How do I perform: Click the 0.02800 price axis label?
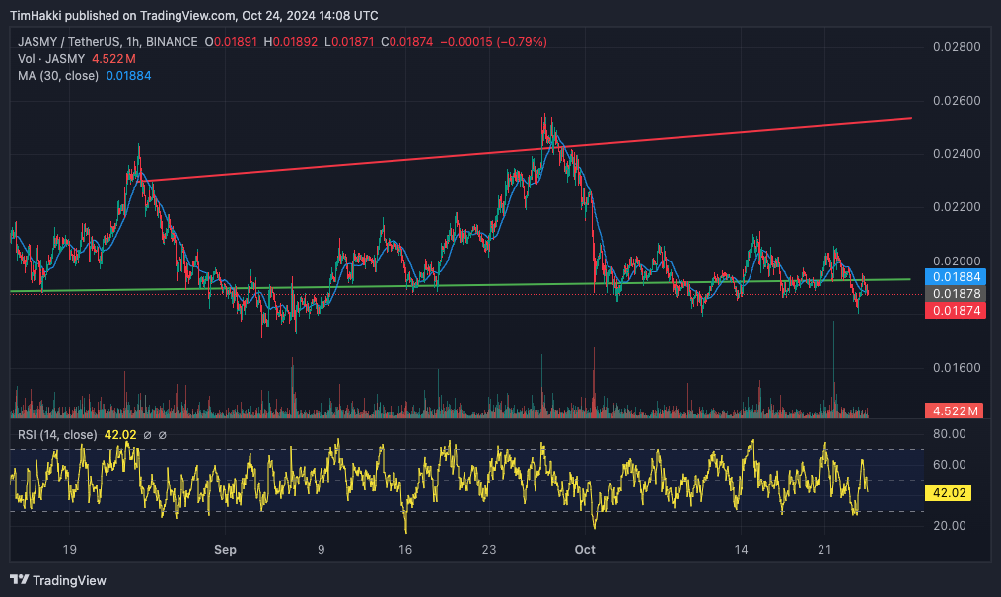pyautogui.click(x=956, y=47)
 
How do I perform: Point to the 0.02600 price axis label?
pyautogui.click(x=956, y=101)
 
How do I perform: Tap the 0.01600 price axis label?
pyautogui.click(x=956, y=368)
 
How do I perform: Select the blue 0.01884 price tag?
pyautogui.click(x=953, y=276)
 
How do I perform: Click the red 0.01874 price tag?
pyautogui.click(x=953, y=311)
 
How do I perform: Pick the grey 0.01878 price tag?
pyautogui.click(x=953, y=294)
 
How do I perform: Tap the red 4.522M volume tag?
pyautogui.click(x=953, y=410)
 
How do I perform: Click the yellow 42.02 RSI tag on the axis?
pyautogui.click(x=950, y=490)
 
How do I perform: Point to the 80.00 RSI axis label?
pyautogui.click(x=949, y=434)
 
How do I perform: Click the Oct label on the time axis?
pyautogui.click(x=585, y=549)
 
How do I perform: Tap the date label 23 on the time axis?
pyautogui.click(x=489, y=549)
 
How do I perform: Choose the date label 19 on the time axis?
pyautogui.click(x=69, y=549)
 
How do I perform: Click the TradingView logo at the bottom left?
pyautogui.click(x=58, y=580)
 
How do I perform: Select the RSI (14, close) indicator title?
pyautogui.click(x=57, y=434)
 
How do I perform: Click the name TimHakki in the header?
pyautogui.click(x=36, y=16)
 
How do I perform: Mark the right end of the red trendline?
pyautogui.click(x=910, y=118)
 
